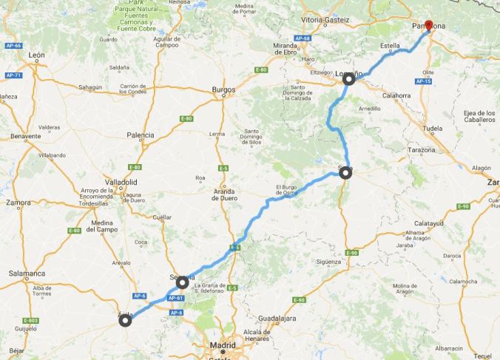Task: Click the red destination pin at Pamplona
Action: [428, 25]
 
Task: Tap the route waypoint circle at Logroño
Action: [349, 80]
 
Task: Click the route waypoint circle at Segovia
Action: [182, 282]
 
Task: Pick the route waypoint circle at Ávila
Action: [126, 320]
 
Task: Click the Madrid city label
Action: [222, 344]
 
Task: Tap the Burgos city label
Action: [223, 90]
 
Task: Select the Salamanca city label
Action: [27, 274]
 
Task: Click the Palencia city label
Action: [141, 135]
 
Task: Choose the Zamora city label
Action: [18, 202]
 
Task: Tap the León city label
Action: [37, 55]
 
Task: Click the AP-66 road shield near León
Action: [12, 45]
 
